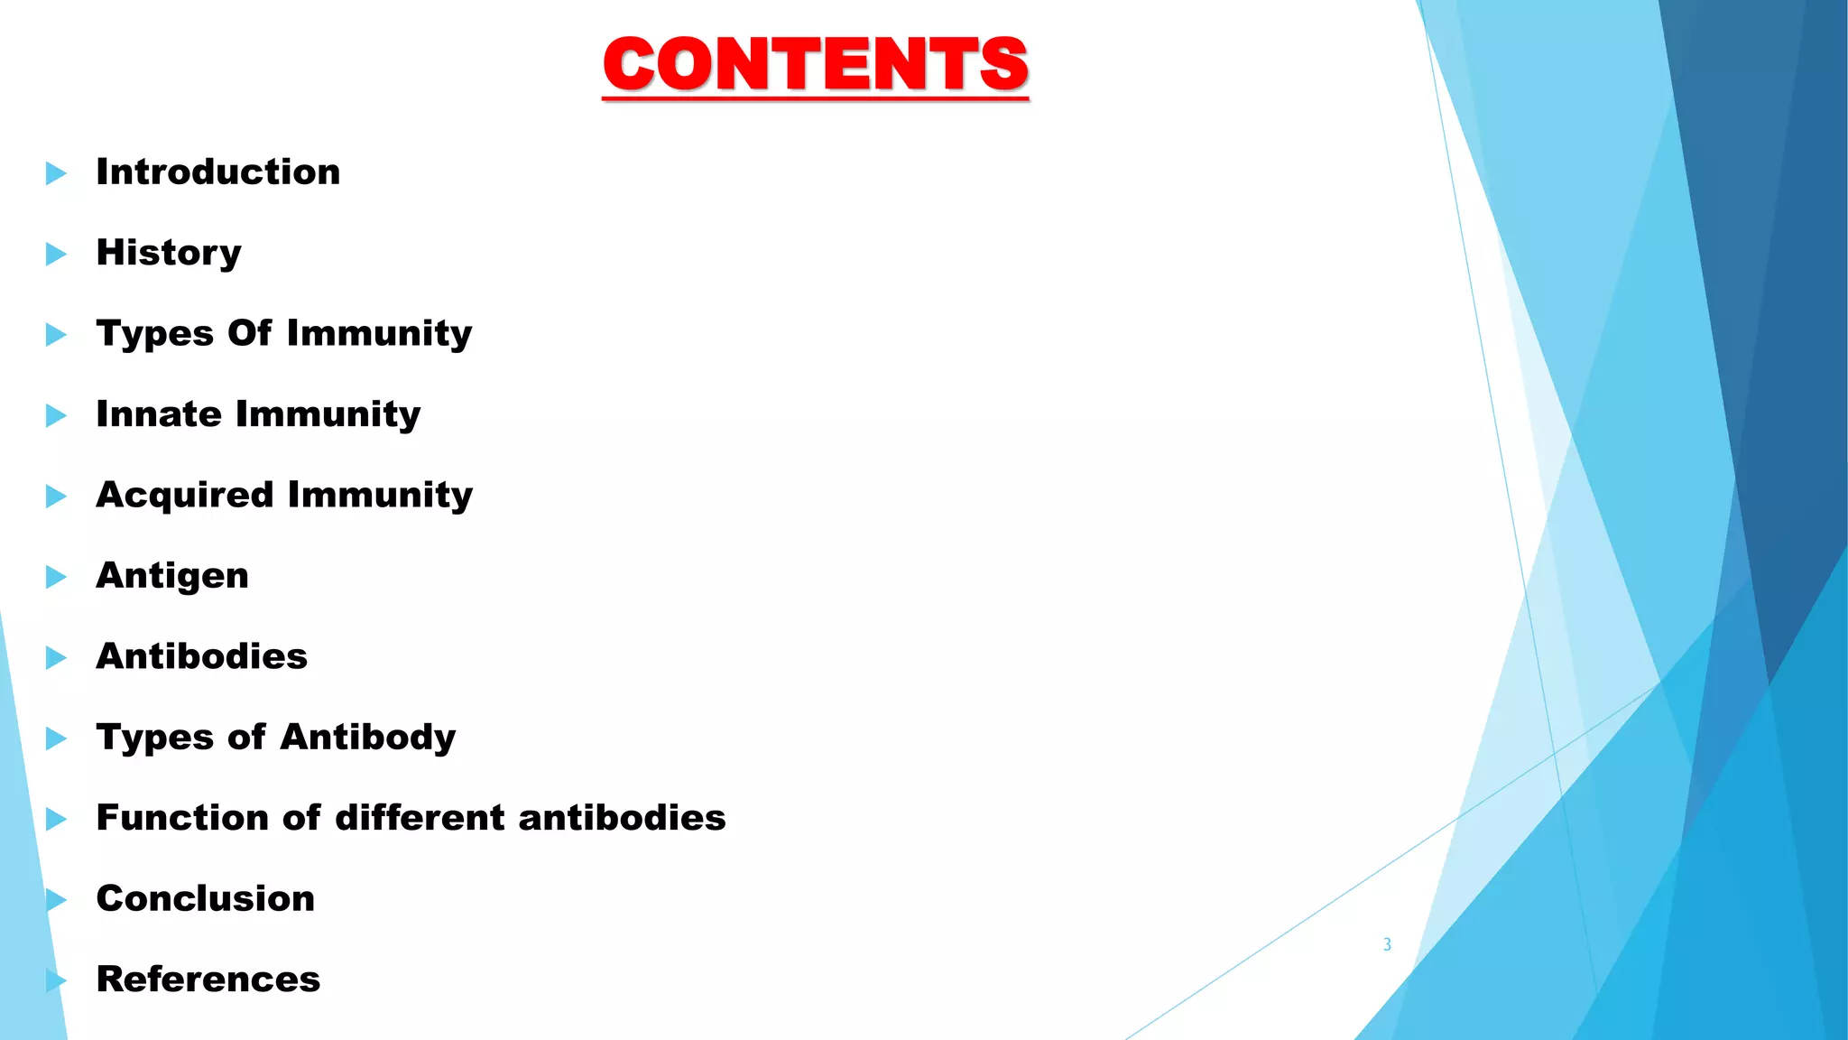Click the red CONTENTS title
coord(816,64)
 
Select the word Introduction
coord(218,172)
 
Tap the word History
coord(169,253)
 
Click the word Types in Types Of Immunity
coord(154,334)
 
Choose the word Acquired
coord(185,496)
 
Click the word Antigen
coord(172,576)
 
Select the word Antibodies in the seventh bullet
coord(202,656)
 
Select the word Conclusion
coord(206,898)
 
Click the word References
coord(208,980)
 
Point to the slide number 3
coord(1387,944)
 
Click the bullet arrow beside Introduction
coord(56,173)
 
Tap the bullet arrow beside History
coord(56,254)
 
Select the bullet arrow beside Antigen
coord(56,577)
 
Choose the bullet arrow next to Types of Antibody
coord(56,738)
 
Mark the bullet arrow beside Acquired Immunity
coord(56,497)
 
